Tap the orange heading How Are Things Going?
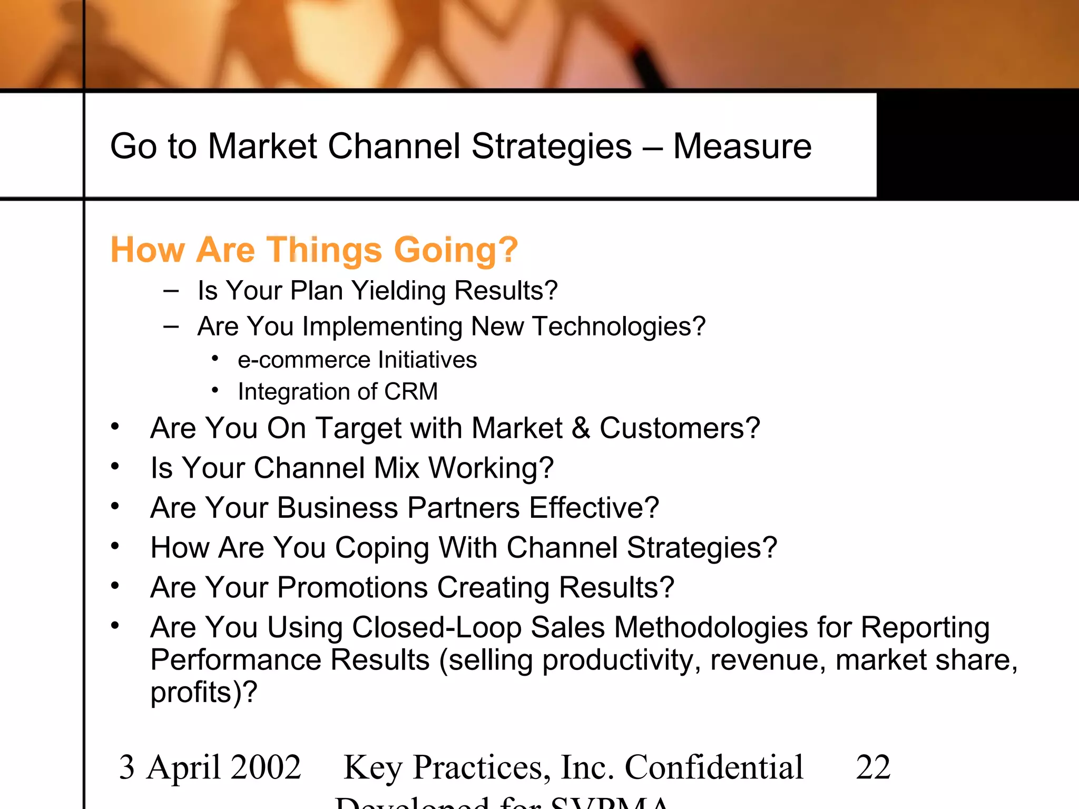pos(314,250)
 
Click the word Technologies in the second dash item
pos(619,327)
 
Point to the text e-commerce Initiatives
pos(357,360)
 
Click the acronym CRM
pos(411,392)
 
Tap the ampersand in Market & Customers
pos(581,428)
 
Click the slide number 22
pos(873,767)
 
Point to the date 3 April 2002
pos(210,767)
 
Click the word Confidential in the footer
pos(714,767)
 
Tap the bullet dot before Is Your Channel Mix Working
pos(115,466)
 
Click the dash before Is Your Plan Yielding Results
pos(171,290)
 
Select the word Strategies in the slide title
pos(551,146)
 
